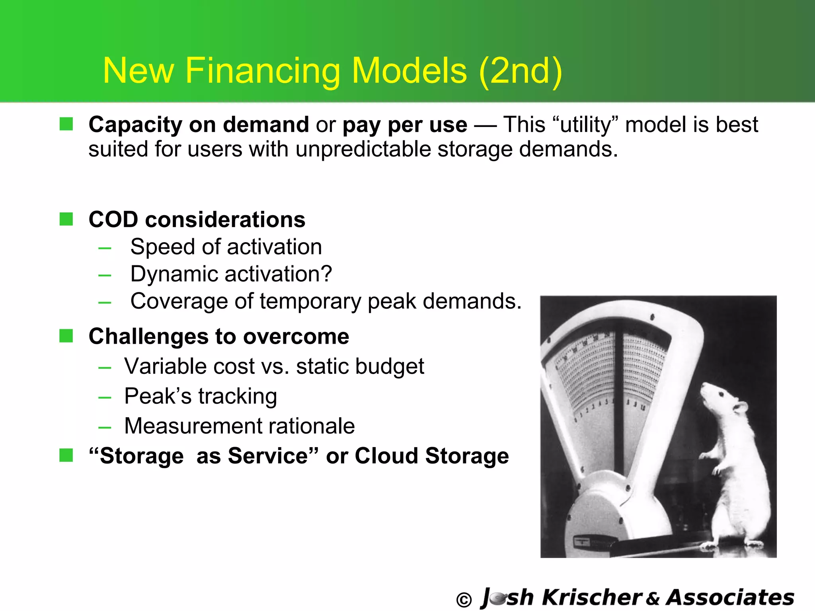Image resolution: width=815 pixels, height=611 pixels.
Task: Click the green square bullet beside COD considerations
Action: pyautogui.click(x=66, y=219)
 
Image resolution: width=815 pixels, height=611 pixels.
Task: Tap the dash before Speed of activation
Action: pyautogui.click(x=105, y=248)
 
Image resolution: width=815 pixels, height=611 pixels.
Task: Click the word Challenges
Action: pyautogui.click(x=148, y=337)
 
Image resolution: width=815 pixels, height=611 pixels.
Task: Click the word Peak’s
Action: pyautogui.click(x=158, y=396)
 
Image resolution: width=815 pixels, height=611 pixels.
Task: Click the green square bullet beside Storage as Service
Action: pyautogui.click(x=66, y=455)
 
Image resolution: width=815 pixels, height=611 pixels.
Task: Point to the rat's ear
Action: pyautogui.click(x=741, y=407)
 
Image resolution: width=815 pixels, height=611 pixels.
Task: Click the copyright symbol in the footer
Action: pyautogui.click(x=464, y=600)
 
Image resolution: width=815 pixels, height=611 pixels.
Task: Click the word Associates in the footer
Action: pyautogui.click(x=730, y=597)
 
